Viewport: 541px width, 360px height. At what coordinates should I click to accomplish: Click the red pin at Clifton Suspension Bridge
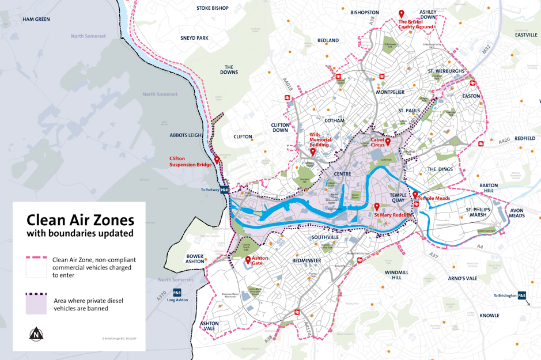click(217, 160)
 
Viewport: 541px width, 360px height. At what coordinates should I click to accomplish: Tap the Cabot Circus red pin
click(388, 142)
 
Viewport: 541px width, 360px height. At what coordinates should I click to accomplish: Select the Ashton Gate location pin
click(248, 260)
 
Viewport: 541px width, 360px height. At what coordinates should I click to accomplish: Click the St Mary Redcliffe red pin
click(377, 207)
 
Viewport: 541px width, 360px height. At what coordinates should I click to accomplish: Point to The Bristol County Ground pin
click(402, 14)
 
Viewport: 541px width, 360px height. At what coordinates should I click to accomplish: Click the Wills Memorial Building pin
click(313, 152)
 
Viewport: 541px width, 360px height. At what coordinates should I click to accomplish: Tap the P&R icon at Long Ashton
click(177, 293)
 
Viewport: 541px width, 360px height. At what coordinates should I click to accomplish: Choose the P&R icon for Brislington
click(521, 295)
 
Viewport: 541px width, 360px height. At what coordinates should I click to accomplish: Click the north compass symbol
click(36, 334)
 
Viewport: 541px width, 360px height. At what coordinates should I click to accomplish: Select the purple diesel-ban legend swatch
click(36, 304)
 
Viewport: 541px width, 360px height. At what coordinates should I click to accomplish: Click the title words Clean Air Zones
click(80, 221)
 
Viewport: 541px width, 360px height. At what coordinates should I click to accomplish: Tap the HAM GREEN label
click(36, 20)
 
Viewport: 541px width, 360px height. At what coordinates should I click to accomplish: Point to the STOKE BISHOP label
click(213, 8)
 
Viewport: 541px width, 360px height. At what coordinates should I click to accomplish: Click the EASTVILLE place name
click(526, 35)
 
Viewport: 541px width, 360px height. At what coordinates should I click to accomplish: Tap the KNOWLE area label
click(489, 316)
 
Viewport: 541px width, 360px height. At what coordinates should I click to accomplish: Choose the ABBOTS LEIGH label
click(186, 135)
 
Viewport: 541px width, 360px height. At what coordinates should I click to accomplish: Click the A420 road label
click(504, 140)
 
